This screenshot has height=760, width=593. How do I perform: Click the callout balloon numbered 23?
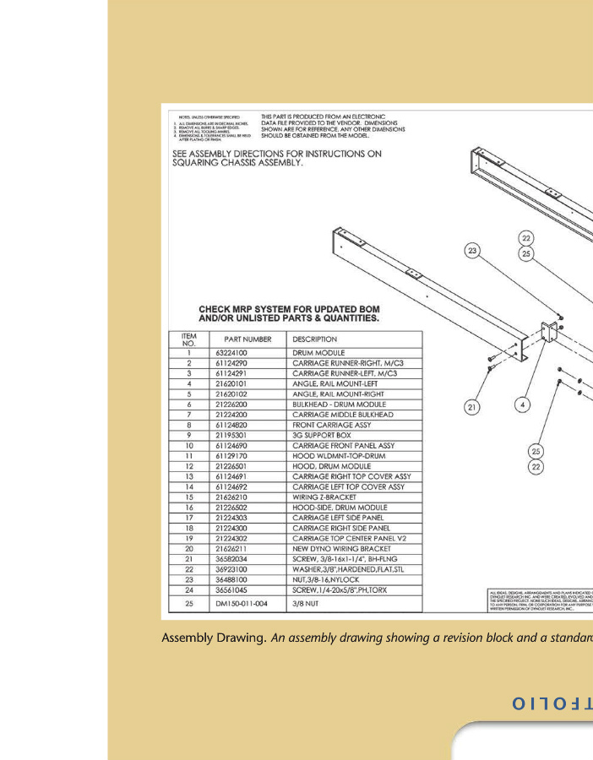pyautogui.click(x=472, y=250)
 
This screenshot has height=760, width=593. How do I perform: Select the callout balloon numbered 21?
pyautogui.click(x=473, y=407)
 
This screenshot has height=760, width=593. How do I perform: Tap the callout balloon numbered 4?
pyautogui.click(x=524, y=405)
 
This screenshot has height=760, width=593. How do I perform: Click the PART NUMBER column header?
pyautogui.click(x=248, y=339)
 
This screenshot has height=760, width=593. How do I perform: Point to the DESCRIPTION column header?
pyautogui.click(x=314, y=339)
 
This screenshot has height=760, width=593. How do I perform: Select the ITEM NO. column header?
pyautogui.click(x=189, y=339)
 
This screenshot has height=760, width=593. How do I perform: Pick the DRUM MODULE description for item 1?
pyautogui.click(x=318, y=352)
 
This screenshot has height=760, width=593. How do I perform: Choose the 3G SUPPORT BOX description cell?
pyautogui.click(x=324, y=435)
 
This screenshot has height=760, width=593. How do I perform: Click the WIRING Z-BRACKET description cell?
pyautogui.click(x=326, y=497)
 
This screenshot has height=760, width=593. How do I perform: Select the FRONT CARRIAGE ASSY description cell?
pyautogui.click(x=332, y=425)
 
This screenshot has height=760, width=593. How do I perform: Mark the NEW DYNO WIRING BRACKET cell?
pyautogui.click(x=342, y=549)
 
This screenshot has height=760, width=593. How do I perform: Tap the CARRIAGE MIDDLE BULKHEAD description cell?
pyautogui.click(x=343, y=415)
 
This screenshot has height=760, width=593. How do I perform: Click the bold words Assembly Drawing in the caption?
pyautogui.click(x=214, y=638)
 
